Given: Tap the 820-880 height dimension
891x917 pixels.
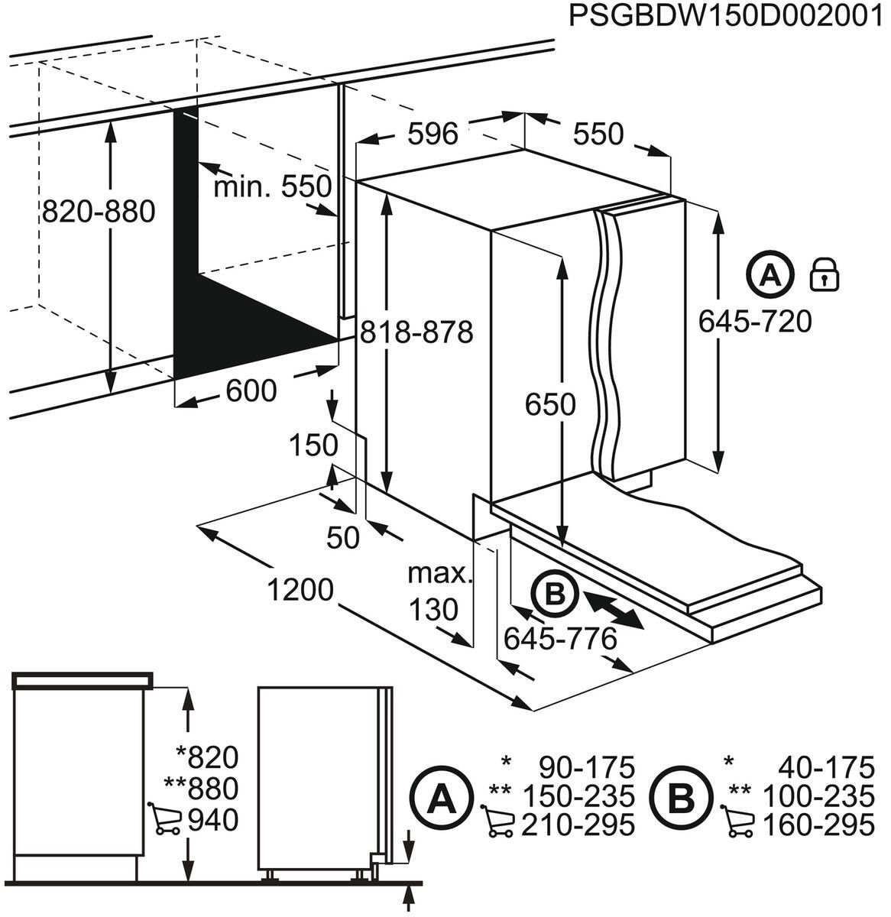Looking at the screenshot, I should [98, 212].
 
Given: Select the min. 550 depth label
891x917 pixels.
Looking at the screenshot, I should [273, 186].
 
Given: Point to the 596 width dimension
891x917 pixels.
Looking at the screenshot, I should [433, 134].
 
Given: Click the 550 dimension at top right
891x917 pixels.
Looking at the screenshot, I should [598, 134].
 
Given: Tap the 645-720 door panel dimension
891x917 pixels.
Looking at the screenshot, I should [755, 322].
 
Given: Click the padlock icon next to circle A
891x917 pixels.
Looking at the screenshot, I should [825, 274].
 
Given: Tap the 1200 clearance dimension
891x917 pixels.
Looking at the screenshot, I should [300, 590].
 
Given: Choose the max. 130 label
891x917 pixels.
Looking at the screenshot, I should [438, 591].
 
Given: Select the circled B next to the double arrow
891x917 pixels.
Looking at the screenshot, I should [556, 592].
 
